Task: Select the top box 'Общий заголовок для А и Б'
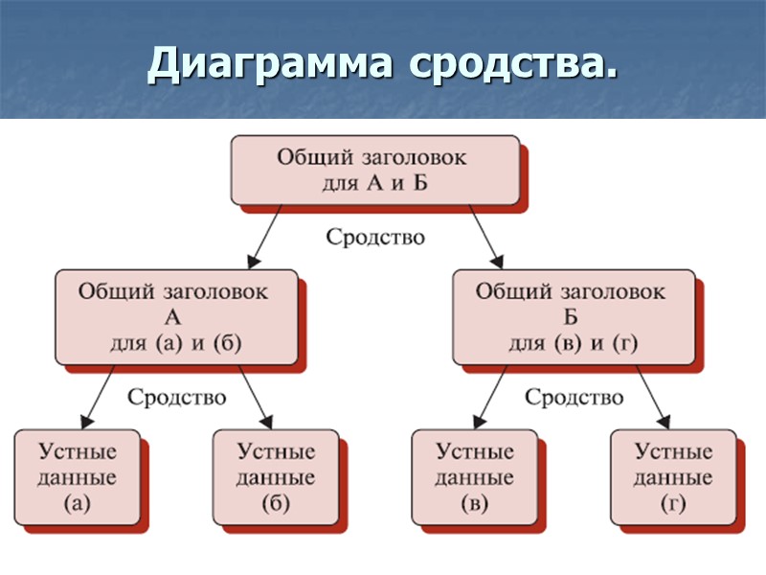click(373, 169)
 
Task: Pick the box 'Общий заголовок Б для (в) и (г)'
click(572, 316)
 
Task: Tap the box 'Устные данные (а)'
click(77, 476)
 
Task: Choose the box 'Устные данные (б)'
click(275, 476)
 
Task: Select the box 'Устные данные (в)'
click(474, 476)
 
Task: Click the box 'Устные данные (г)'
click(673, 476)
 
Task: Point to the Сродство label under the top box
click(375, 237)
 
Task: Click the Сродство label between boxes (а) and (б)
click(177, 396)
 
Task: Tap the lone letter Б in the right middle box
click(571, 317)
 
